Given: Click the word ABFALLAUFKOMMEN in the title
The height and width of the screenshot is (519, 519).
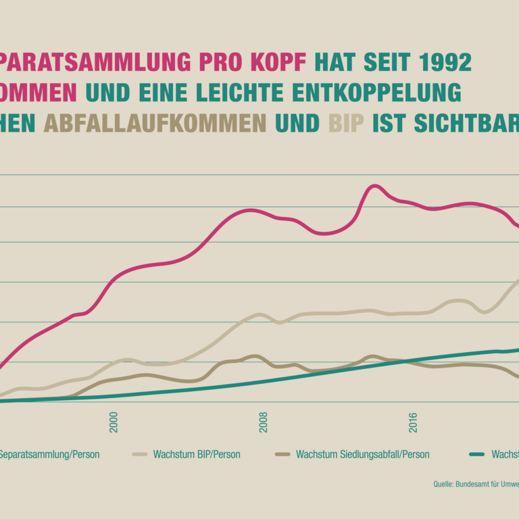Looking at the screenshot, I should click(x=155, y=124).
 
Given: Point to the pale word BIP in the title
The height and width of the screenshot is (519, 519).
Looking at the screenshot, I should click(x=346, y=124).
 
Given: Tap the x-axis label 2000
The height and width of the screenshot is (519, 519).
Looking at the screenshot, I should click(x=114, y=422).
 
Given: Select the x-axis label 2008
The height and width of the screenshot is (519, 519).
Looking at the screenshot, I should click(x=263, y=422).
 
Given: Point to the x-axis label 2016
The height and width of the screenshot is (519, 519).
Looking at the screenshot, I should click(x=413, y=422).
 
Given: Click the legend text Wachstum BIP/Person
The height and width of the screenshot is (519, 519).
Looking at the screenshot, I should click(x=196, y=455).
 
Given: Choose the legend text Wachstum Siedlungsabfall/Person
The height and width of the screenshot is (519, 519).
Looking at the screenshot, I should click(x=362, y=455).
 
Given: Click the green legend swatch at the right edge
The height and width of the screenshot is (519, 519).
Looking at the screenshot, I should click(x=477, y=455).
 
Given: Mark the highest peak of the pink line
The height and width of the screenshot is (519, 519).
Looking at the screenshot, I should click(x=374, y=186).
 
